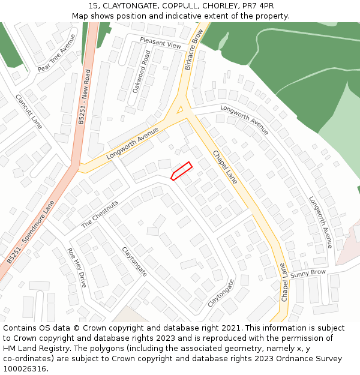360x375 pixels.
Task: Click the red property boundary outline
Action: tap(181, 171)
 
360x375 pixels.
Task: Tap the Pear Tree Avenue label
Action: tap(56, 53)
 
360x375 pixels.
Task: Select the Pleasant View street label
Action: tap(160, 41)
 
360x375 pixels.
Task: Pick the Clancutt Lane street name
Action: tap(29, 112)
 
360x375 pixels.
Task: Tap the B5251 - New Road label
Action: tap(84, 96)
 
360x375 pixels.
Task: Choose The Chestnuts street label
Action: tap(100, 214)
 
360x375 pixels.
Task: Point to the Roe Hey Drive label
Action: tap(77, 268)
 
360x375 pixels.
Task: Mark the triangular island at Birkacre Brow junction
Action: tap(178, 110)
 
